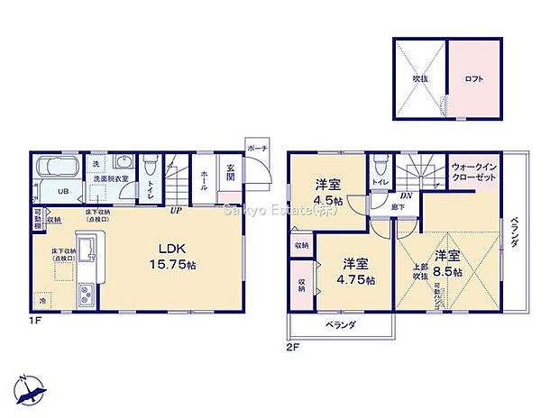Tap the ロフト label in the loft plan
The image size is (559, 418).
[473, 79]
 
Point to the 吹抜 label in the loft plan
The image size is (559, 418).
[420, 79]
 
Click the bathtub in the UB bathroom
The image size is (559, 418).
[56, 168]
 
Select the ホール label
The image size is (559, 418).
[205, 176]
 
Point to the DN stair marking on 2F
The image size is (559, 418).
[406, 196]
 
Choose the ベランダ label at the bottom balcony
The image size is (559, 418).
[341, 324]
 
